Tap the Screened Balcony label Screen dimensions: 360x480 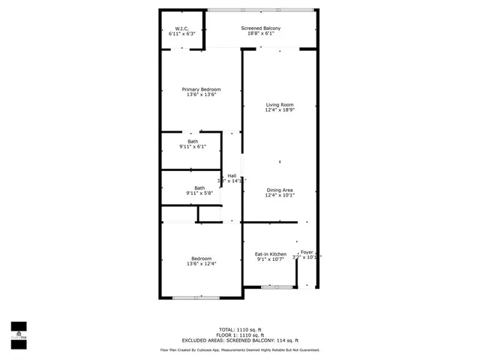pos(261,28)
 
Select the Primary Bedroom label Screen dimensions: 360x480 pos(201,89)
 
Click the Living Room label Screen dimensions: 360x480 pos(279,104)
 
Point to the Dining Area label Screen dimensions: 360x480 pos(279,190)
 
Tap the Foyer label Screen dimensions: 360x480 pos(307,252)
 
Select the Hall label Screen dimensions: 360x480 pos(232,175)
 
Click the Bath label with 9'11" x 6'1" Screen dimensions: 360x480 pos(193,141)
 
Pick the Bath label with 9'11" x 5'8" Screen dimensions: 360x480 pos(199,188)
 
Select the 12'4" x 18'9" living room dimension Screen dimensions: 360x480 pos(279,109)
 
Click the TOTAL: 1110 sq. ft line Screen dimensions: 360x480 pos(239,330)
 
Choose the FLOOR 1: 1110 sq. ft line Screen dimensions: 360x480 pos(239,335)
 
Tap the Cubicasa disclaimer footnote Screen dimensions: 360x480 pos(239,349)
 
